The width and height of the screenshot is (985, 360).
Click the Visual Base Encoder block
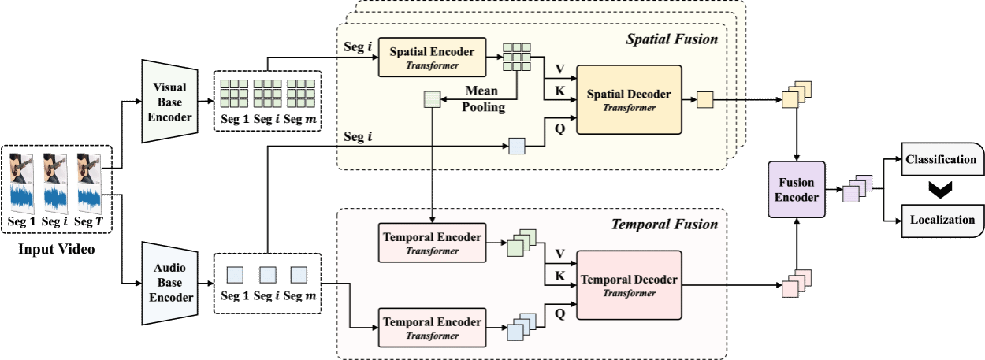167,102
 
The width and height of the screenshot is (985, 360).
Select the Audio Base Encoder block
167,283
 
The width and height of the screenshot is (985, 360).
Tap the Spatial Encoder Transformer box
432,58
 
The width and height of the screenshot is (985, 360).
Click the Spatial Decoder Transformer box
629,99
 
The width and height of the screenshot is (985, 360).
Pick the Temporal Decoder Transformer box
629,285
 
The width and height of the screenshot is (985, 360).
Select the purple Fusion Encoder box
796,190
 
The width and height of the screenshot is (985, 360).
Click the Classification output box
941,160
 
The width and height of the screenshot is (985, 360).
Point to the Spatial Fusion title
671,39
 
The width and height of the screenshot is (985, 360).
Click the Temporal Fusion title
664,225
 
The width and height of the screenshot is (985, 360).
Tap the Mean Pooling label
481,99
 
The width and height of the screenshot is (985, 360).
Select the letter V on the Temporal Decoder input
560,254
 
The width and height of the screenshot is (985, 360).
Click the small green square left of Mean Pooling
433,99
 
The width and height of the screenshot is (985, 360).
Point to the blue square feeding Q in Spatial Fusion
516,147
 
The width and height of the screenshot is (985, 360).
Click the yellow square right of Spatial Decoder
704,99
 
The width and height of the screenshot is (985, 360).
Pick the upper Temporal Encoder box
432,242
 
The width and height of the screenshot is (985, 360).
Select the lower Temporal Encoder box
432,328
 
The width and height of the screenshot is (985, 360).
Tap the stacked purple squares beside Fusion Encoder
857,189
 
